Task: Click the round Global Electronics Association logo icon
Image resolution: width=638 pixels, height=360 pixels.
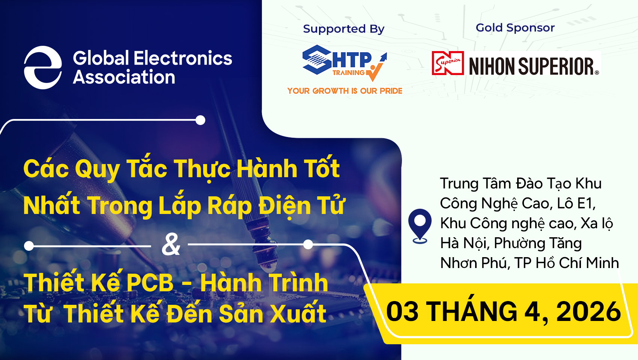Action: point(43,68)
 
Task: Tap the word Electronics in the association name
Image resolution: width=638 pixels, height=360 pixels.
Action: point(183,59)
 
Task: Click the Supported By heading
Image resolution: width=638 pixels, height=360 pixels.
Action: point(343,29)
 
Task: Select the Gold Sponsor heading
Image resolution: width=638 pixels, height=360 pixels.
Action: point(515,28)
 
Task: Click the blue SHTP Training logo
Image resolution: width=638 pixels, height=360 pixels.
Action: point(344,63)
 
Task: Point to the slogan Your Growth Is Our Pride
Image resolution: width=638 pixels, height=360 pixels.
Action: point(345,91)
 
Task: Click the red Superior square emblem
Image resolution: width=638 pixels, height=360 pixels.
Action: point(448,63)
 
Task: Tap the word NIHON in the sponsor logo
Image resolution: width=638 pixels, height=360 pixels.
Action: point(492,66)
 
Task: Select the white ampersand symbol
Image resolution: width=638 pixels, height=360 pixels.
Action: point(171,244)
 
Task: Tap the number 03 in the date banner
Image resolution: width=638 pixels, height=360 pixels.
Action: point(402,312)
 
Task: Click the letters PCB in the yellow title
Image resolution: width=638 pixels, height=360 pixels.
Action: point(149,283)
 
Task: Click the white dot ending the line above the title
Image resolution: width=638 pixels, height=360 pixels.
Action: point(200,120)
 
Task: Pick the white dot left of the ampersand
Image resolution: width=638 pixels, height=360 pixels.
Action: point(29,246)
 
